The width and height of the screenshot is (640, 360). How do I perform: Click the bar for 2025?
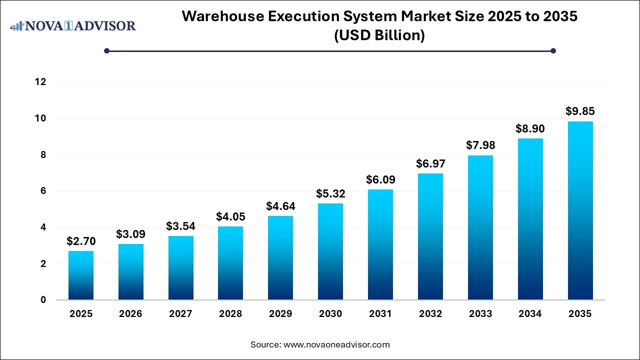81,275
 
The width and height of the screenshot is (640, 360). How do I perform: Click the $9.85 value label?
580,111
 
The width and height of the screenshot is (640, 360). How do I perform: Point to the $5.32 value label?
330,193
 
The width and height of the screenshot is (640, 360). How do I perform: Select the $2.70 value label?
81,241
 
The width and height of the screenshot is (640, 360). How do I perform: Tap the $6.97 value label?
430,163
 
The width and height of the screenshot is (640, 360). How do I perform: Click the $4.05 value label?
230,216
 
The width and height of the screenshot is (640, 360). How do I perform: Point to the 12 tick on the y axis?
40,82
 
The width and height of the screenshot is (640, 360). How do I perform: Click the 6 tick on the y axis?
43,191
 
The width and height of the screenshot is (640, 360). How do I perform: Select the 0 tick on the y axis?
43,300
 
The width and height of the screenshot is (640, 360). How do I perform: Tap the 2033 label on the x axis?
480,314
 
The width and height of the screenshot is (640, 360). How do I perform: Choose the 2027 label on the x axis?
180,314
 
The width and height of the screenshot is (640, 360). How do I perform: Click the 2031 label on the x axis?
380,314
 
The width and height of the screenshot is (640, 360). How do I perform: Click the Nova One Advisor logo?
73,25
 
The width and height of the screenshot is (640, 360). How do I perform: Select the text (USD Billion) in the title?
379,35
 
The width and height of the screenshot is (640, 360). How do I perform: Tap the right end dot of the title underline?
553,50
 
